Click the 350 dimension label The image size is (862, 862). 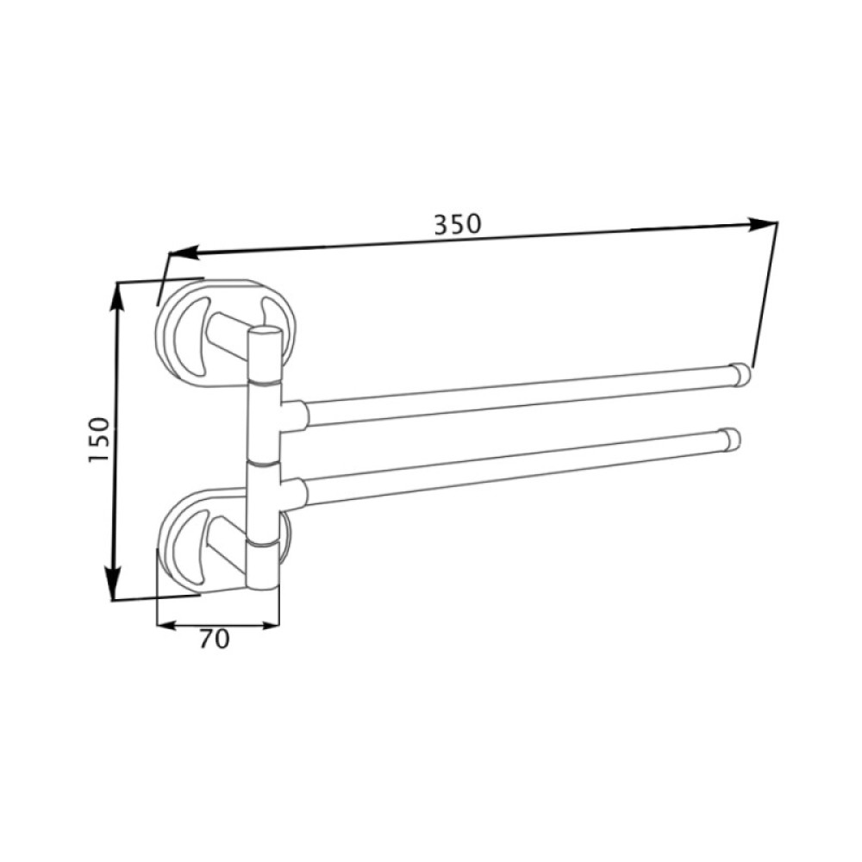pos(458,224)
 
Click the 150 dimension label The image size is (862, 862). pos(99,440)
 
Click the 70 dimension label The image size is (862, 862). pos(214,640)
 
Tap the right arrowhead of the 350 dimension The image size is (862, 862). pos(762,223)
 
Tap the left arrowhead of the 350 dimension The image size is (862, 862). pos(184,253)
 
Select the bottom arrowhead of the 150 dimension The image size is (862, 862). pos(113,582)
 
